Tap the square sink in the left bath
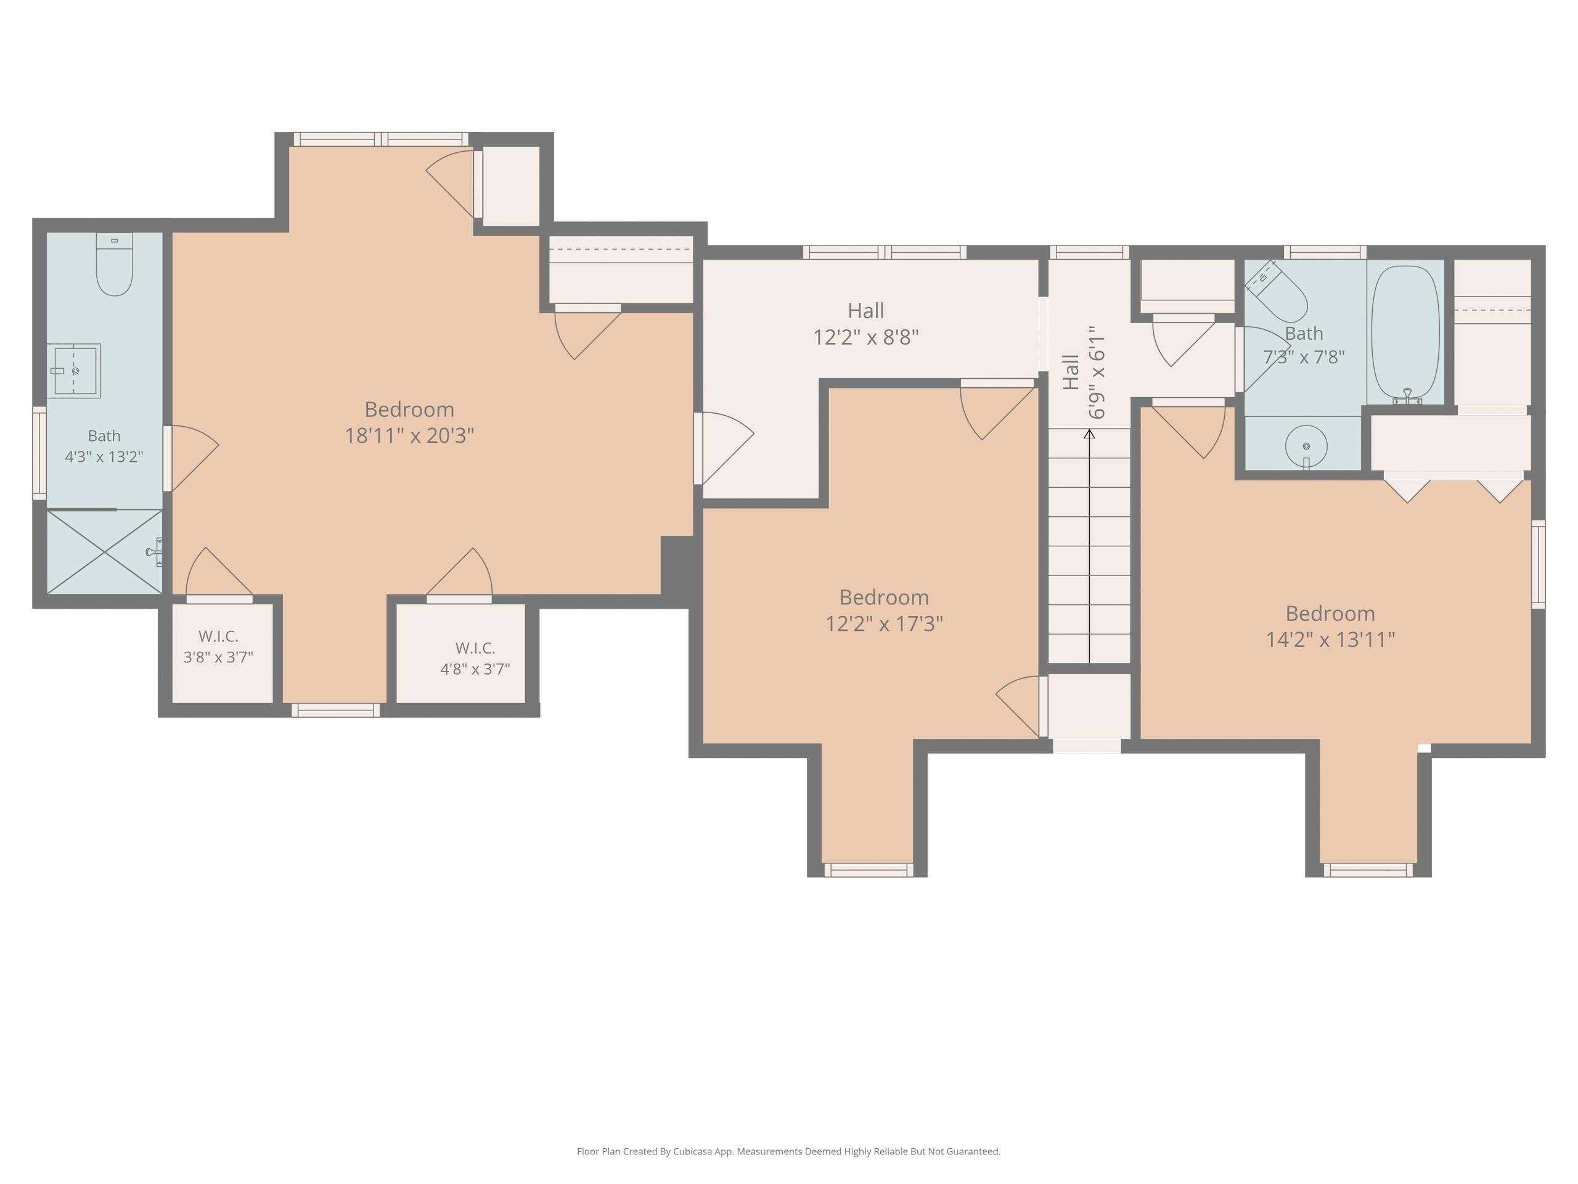click(73, 371)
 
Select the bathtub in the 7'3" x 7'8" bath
click(1405, 332)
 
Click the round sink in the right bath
click(1306, 446)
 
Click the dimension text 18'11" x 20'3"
click(409, 435)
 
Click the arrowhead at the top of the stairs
click(1089, 433)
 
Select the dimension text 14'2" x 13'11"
click(1330, 639)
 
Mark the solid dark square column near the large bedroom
click(677, 565)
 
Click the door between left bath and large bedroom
click(190, 458)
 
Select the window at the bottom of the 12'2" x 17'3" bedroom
click(868, 870)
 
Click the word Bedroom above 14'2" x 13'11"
click(1330, 613)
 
